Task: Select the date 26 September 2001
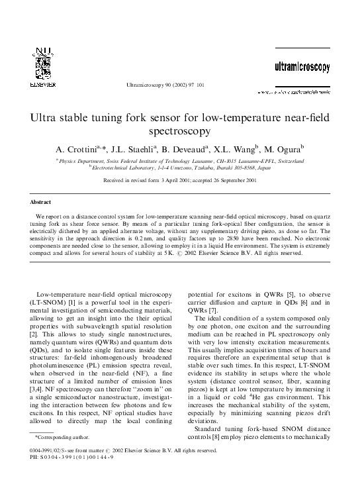tap(231, 181)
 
